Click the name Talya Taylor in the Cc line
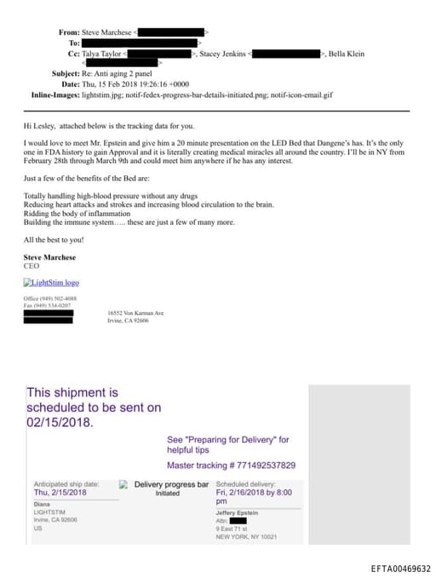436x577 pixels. tap(102, 54)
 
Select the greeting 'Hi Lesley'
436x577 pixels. tap(41, 125)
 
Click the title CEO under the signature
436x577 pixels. tap(32, 266)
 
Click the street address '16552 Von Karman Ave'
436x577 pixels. tap(136, 313)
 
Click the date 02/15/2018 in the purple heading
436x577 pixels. tap(60, 421)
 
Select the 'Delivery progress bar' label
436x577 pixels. tap(171, 484)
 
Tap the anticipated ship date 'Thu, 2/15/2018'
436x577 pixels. tap(60, 493)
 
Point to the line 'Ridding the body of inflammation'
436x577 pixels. tap(77, 214)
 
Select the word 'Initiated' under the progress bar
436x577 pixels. tap(168, 494)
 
